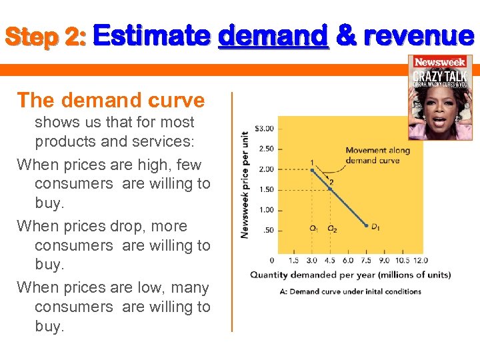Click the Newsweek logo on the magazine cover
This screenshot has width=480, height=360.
440,62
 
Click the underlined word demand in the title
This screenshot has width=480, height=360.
273,35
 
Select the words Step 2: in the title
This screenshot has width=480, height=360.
45,37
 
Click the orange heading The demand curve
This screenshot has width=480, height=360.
111,100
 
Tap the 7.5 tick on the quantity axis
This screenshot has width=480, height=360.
367,261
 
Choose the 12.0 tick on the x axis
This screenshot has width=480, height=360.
420,261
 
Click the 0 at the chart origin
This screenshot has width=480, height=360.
271,261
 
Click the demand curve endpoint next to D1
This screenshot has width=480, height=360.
366,226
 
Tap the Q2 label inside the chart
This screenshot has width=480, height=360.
332,229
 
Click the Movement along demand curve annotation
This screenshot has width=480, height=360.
377,155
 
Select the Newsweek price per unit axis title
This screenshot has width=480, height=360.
245,183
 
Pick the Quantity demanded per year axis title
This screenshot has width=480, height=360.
350,275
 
